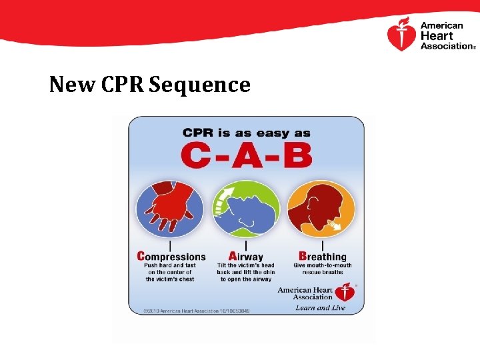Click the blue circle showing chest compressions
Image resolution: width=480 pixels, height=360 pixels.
coord(169,209)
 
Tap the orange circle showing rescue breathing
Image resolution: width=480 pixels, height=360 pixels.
coord(323,209)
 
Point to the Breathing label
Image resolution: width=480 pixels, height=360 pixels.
coord(323,257)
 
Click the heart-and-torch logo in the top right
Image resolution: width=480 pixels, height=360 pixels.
coord(401,35)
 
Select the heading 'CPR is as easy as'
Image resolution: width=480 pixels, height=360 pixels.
coord(246,133)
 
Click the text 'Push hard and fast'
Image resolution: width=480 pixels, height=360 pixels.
coord(171,265)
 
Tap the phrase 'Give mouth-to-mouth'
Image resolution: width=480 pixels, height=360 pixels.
coord(323,265)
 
